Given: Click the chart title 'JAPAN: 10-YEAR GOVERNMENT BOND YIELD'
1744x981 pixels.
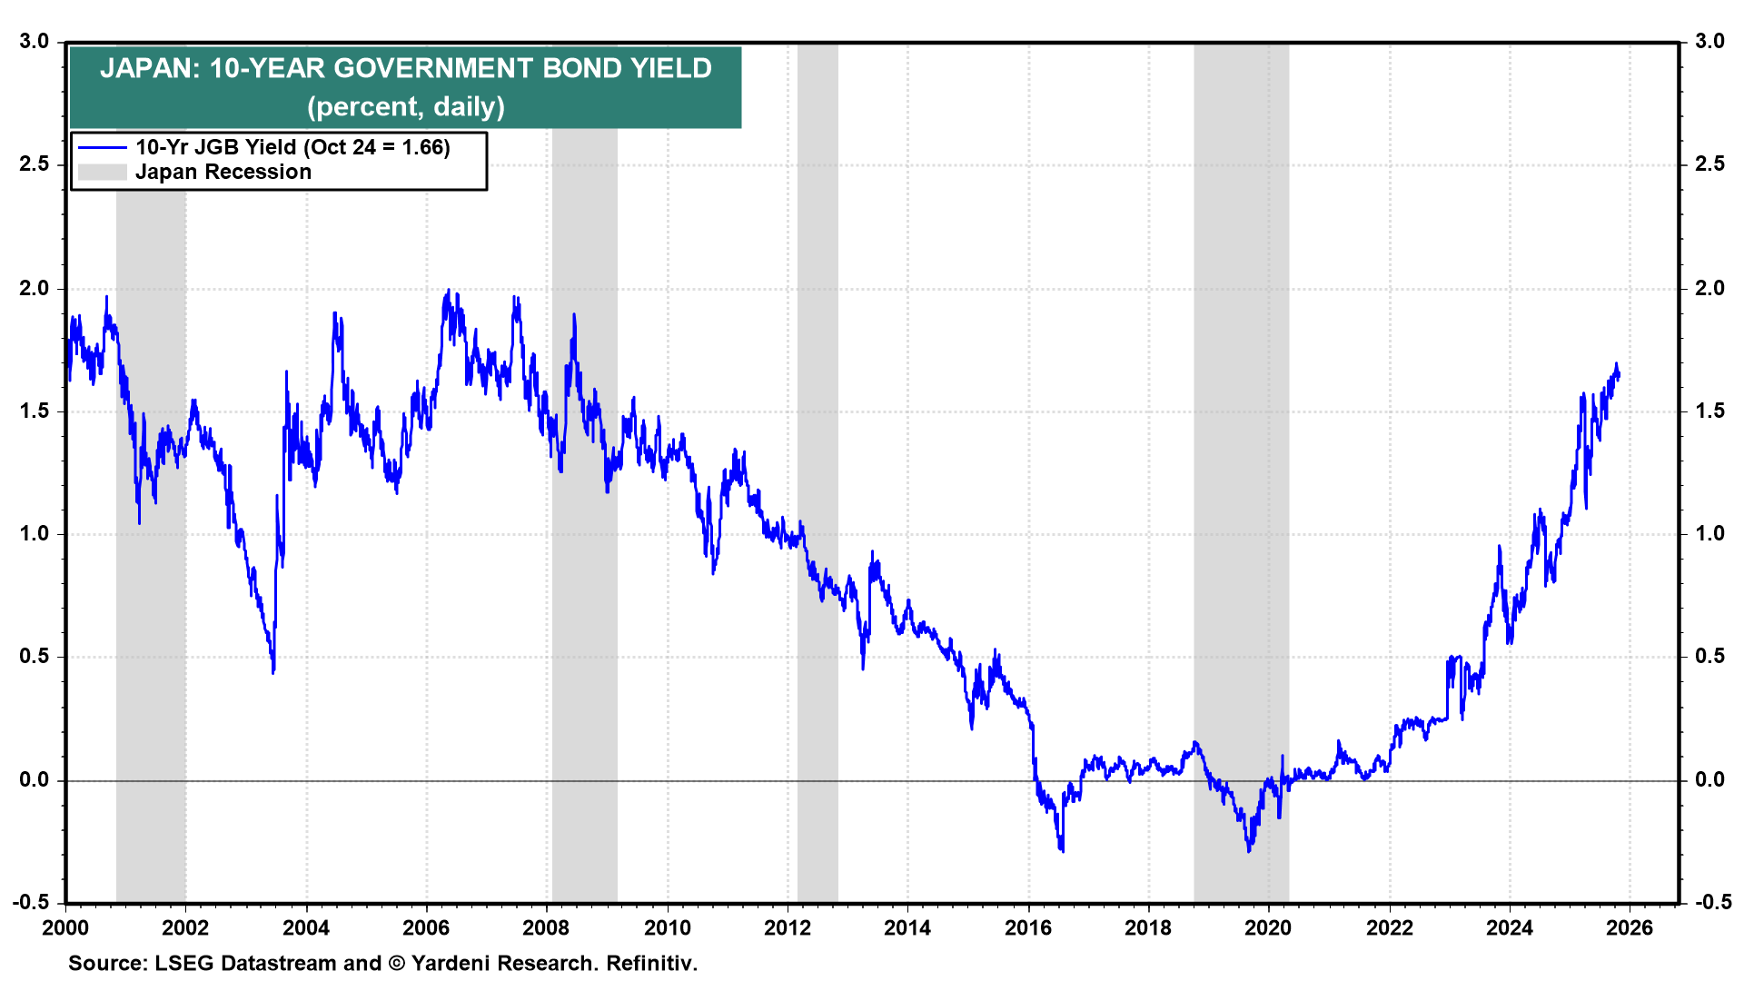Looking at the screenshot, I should click(405, 69).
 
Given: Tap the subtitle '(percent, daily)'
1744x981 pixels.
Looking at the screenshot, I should click(405, 107).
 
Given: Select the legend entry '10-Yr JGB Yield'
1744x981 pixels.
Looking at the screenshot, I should click(292, 147).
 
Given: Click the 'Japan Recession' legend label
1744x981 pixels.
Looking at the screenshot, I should click(223, 173).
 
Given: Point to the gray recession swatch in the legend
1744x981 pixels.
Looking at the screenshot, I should click(102, 173).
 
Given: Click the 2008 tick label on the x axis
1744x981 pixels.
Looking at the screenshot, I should click(546, 927).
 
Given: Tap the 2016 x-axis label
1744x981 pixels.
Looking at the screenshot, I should click(1027, 927).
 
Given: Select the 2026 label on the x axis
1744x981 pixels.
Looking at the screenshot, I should click(1629, 927).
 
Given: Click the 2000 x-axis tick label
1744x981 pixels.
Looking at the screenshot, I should click(65, 927).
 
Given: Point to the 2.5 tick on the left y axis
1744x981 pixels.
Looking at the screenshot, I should click(33, 164).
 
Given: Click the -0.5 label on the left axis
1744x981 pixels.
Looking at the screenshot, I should click(31, 902).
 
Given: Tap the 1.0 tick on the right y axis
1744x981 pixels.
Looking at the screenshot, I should click(1709, 534).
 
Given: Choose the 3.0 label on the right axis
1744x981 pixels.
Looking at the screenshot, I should click(1709, 42).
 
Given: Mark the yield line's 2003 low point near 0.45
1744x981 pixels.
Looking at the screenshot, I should click(273, 671).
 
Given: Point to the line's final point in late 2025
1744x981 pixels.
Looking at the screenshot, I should click(1619, 373).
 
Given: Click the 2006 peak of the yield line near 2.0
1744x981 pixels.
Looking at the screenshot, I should click(448, 292).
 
